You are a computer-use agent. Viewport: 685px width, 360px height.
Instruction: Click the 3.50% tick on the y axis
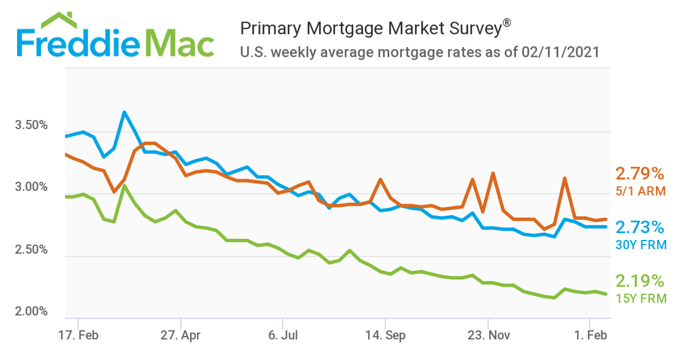pyautogui.click(x=31, y=125)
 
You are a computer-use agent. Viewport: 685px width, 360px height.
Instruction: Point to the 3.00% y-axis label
pyautogui.click(x=31, y=188)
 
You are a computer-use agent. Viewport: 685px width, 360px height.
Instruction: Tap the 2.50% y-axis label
pyautogui.click(x=31, y=250)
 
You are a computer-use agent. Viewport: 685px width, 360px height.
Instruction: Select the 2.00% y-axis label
pyautogui.click(x=31, y=312)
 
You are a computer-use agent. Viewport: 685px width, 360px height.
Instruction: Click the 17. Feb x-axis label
pyautogui.click(x=79, y=336)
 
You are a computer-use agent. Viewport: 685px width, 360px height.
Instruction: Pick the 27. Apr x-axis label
pyautogui.click(x=180, y=336)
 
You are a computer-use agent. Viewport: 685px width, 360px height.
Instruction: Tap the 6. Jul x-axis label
pyautogui.click(x=283, y=336)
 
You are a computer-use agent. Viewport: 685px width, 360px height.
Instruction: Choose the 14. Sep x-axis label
pyautogui.click(x=385, y=336)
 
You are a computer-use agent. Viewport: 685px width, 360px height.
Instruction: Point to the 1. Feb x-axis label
pyautogui.click(x=589, y=336)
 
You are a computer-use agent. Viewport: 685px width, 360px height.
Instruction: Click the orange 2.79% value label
pyautogui.click(x=639, y=173)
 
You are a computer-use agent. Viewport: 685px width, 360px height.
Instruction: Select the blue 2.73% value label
pyautogui.click(x=639, y=227)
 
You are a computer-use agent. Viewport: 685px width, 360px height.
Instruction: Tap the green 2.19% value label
pyautogui.click(x=639, y=280)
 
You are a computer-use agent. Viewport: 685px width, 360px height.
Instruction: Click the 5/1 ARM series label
pyautogui.click(x=640, y=191)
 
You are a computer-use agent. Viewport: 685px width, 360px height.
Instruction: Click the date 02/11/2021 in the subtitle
pyautogui.click(x=560, y=52)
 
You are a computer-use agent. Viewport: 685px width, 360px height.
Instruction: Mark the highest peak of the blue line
pyautogui.click(x=124, y=112)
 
